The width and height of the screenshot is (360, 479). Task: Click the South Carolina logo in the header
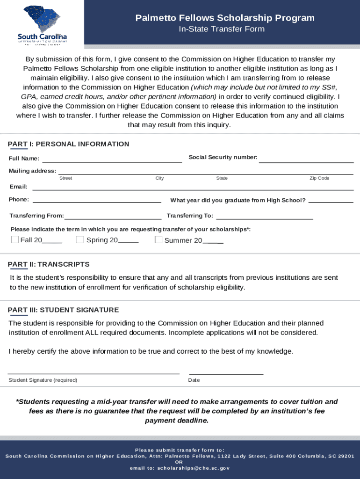click(42, 24)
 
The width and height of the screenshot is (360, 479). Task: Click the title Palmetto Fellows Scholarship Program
click(225, 18)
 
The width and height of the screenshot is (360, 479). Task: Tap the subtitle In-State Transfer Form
click(222, 29)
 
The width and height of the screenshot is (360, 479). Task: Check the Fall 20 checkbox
click(15, 240)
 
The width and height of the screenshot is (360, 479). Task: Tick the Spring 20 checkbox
click(79, 240)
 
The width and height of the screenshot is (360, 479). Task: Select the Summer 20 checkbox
click(158, 240)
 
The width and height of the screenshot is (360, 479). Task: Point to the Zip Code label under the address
click(319, 178)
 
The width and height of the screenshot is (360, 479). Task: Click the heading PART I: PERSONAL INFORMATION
click(69, 144)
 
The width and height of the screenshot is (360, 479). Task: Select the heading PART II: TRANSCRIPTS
click(49, 265)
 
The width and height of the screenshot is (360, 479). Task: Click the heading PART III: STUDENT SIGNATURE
click(64, 310)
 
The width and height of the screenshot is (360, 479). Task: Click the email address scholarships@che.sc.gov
click(194, 468)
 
